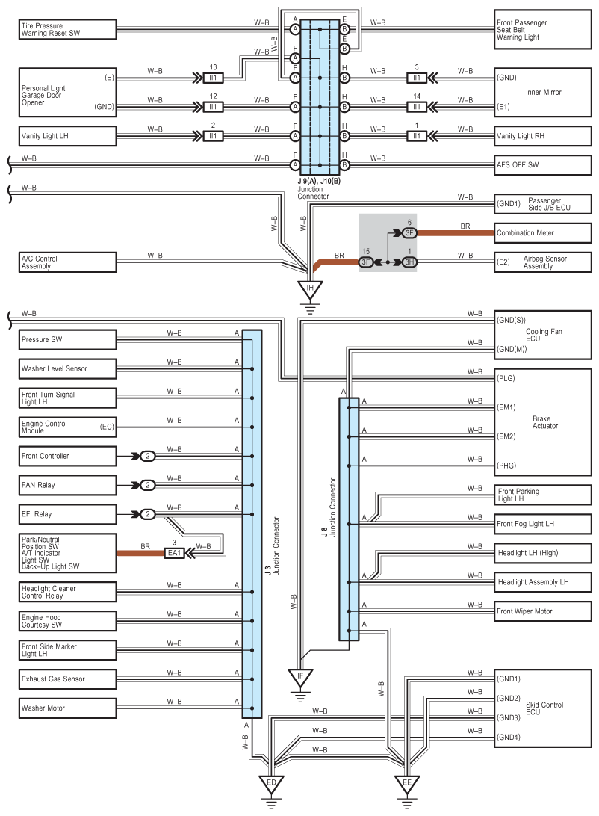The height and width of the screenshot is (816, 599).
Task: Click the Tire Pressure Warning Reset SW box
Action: click(68, 29)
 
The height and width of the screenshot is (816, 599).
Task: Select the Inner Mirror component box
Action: click(542, 92)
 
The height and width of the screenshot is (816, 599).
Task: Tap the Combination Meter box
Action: click(542, 232)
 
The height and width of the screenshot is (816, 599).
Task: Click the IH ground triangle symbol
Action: click(310, 289)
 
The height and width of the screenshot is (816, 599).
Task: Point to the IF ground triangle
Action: click(300, 678)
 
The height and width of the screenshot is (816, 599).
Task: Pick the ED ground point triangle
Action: click(271, 785)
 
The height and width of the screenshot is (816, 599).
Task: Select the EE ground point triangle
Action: click(407, 785)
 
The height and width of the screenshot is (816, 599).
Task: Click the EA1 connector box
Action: click(174, 553)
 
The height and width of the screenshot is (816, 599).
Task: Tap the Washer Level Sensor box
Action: click(68, 368)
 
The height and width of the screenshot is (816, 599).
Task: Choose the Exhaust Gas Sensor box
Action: click(68, 679)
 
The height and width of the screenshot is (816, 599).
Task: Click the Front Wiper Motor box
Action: click(542, 611)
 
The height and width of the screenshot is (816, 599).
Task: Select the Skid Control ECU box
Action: click(542, 708)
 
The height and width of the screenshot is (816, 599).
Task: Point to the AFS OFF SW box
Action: click(542, 165)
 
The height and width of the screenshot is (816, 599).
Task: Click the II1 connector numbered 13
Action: click(213, 78)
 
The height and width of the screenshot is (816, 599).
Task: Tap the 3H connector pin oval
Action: click(410, 262)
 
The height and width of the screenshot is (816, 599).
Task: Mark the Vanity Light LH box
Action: click(68, 136)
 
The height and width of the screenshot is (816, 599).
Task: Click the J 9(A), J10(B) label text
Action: click(319, 181)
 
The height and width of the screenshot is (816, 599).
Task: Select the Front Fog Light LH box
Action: click(542, 524)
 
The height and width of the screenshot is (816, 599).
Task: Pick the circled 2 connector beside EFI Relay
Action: click(148, 514)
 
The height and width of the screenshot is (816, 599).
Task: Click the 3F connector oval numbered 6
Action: click(410, 232)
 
